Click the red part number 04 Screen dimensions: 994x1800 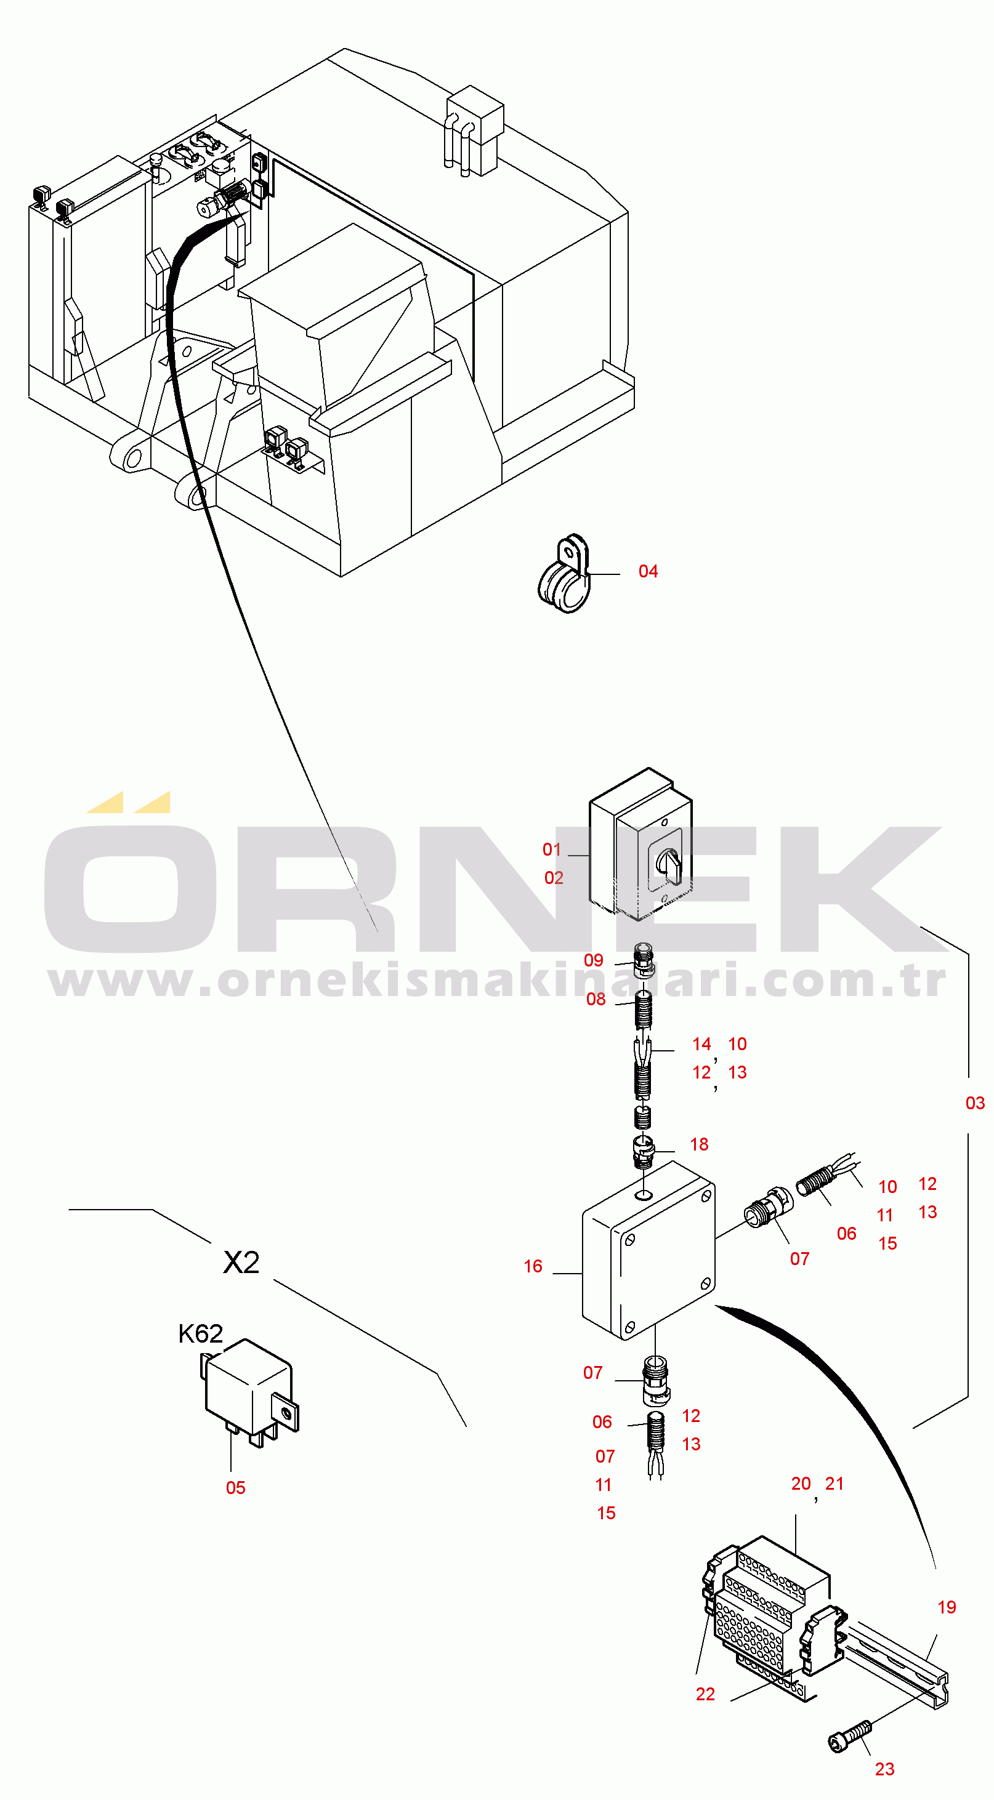point(648,572)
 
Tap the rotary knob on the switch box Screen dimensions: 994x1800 point(668,865)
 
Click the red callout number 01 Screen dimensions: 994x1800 point(552,850)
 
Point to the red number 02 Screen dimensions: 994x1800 point(554,878)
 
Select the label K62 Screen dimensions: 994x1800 point(201,1334)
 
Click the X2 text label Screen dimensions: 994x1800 point(241,1262)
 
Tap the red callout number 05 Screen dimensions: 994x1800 point(236,1488)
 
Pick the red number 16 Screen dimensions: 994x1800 point(533,1266)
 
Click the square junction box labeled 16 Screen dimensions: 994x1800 point(648,1250)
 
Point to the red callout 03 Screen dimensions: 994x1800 point(975,1103)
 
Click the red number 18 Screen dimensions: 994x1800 point(699,1144)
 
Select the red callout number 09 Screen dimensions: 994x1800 point(594,960)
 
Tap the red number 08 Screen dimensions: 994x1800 point(596,999)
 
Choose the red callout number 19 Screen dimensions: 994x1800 point(947,1607)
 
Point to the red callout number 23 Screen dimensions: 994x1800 point(884,1769)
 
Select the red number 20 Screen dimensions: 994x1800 point(801,1484)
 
